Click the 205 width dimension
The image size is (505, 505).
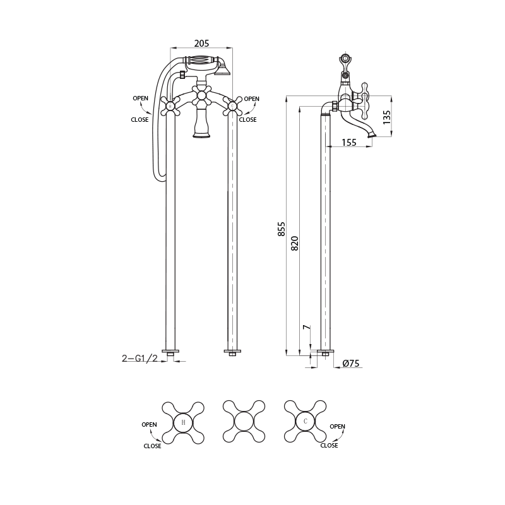[x=201, y=44]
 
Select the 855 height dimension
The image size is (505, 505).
[x=282, y=229]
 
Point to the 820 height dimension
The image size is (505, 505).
[x=295, y=243]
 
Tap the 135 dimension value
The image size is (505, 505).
[x=387, y=117]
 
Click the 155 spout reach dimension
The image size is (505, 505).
[x=348, y=143]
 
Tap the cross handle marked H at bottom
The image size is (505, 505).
[x=183, y=422]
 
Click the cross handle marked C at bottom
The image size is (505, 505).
[x=306, y=421]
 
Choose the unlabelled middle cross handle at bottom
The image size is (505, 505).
[x=244, y=421]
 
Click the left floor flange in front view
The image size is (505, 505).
[x=170, y=351]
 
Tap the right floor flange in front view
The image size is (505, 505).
[x=232, y=351]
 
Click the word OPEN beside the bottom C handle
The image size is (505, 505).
[x=338, y=427]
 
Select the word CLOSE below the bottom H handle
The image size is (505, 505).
[x=152, y=446]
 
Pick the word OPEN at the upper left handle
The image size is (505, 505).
[x=140, y=98]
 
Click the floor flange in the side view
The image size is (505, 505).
[x=326, y=351]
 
